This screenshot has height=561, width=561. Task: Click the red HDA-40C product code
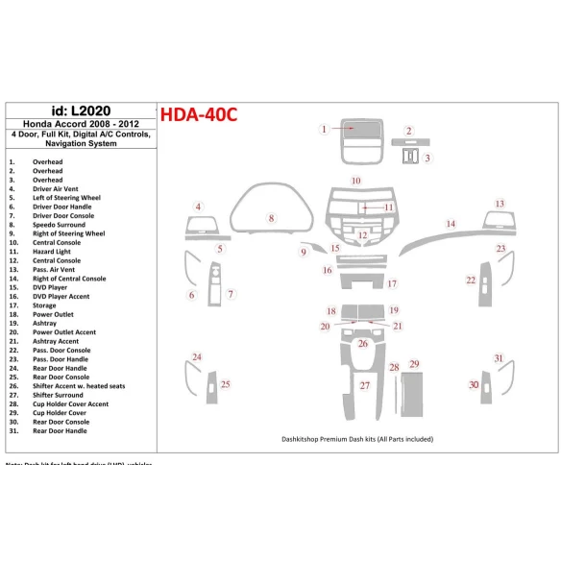198,114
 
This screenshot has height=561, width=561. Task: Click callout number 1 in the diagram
325,129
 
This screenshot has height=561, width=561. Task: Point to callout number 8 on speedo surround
272,219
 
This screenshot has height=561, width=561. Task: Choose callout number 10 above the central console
355,181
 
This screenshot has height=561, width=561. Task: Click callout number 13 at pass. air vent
500,204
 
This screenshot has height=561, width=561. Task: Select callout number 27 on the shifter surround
364,385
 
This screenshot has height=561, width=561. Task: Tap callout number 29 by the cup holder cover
414,364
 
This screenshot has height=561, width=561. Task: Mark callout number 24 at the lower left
197,357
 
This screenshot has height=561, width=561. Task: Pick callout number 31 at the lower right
499,358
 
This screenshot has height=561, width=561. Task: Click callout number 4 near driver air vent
198,207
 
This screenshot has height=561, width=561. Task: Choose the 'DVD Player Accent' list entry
61,296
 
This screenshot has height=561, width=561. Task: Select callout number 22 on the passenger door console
471,280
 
